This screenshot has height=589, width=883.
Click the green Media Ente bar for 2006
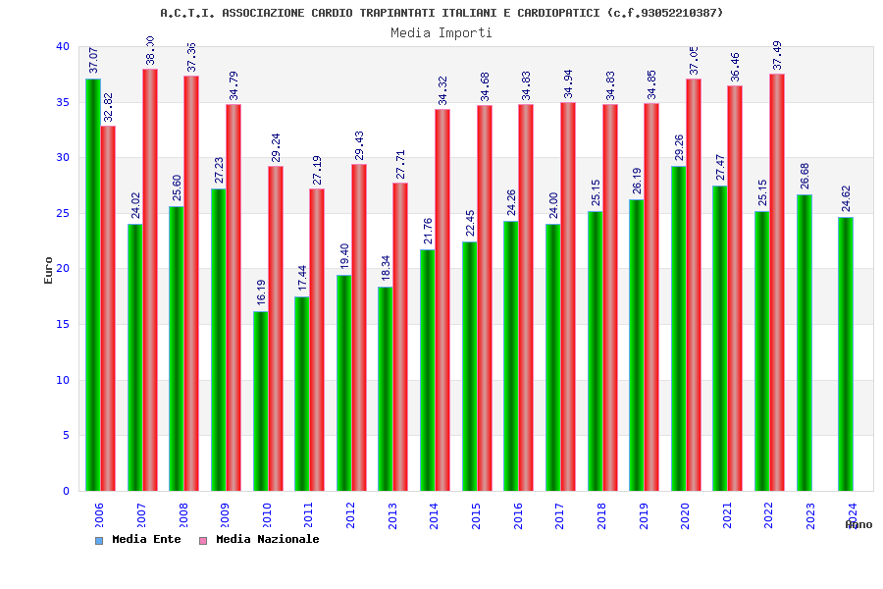coord(92,285)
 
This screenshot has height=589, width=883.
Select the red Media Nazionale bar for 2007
coord(150,280)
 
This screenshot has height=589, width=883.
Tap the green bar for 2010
coord(260,401)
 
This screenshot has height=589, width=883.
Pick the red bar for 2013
coord(400,337)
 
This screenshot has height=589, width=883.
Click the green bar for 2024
coord(846,353)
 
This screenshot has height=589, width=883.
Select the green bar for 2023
coord(804,343)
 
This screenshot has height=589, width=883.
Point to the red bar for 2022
coord(777,283)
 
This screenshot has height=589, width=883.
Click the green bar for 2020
coord(679,328)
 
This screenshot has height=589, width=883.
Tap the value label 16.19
coord(261,292)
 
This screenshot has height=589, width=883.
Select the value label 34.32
coord(442,90)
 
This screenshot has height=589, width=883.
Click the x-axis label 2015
coord(476,516)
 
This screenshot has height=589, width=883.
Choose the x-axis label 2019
coord(644,516)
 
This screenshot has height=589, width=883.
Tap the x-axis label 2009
coord(225,516)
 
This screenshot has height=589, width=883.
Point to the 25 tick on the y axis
coord(63,213)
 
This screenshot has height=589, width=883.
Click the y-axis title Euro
coord(49,270)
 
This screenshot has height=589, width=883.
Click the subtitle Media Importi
coord(441,32)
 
